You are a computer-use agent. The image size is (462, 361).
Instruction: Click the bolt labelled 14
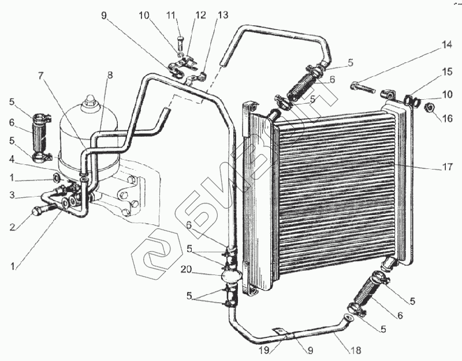pos(361,89)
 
